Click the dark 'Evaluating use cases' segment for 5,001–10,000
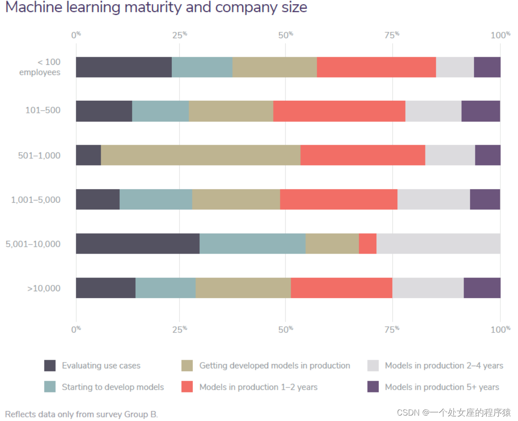137,244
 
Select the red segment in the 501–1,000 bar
362,155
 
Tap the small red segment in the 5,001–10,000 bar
367,244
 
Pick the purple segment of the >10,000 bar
482,288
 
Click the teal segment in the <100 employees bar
202,67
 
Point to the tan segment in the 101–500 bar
231,111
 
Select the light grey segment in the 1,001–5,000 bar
433,199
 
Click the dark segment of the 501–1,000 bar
88,155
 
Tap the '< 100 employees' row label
40,67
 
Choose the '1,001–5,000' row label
36,200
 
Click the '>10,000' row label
44,288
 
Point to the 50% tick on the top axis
286,35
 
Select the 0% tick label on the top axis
76,35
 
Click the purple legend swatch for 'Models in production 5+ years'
373,387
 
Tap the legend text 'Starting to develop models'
113,387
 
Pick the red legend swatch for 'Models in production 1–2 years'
187,387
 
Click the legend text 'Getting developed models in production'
274,365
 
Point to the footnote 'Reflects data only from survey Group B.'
82,414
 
